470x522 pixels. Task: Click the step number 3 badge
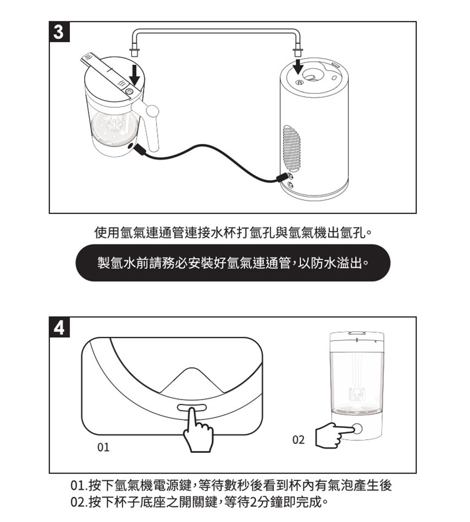59,31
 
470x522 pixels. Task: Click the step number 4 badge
59,327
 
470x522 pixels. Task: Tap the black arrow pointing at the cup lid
135,75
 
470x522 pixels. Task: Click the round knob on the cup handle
152,111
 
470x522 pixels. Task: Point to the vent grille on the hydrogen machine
290,148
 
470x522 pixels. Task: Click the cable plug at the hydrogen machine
283,177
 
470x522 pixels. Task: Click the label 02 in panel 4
298,440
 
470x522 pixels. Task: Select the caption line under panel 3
233,233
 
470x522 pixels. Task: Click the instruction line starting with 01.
230,486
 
